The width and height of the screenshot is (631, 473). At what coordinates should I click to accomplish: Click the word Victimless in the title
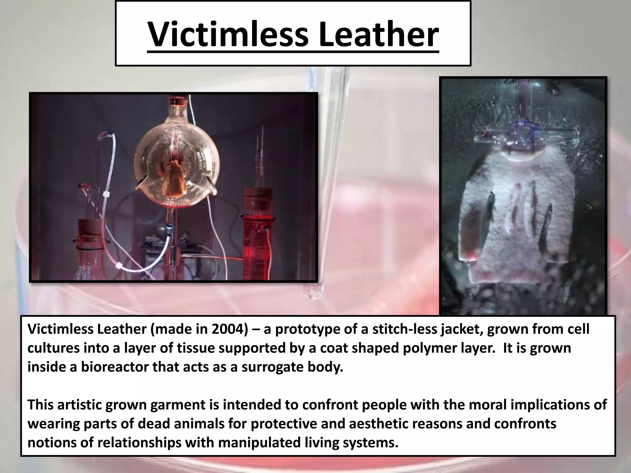tap(228, 34)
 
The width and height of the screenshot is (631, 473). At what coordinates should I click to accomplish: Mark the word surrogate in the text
tap(272, 367)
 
